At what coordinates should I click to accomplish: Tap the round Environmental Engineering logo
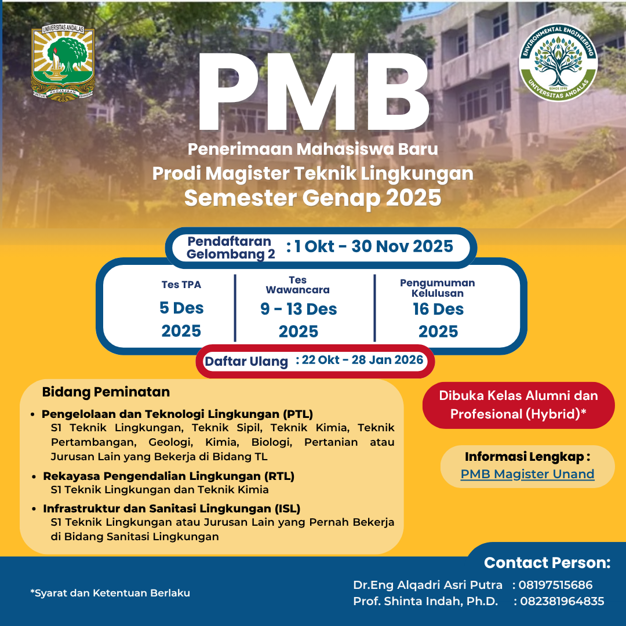[x=558, y=62]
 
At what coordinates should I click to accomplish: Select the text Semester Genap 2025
[x=312, y=198]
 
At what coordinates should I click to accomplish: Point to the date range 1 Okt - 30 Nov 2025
[x=373, y=247]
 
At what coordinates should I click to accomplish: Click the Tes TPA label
[x=181, y=285]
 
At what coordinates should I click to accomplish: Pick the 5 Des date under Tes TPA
[x=181, y=308]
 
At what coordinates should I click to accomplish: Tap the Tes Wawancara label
[x=298, y=285]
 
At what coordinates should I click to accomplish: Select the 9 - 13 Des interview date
[x=299, y=310]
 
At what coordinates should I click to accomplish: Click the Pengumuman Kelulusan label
[x=438, y=288]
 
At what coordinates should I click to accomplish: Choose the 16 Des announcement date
[x=438, y=310]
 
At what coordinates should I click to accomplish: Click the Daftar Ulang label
[x=246, y=362]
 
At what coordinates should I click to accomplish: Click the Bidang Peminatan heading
[x=106, y=392]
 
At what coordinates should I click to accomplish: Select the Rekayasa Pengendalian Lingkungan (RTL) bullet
[x=169, y=476]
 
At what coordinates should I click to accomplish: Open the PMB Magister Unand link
[x=527, y=474]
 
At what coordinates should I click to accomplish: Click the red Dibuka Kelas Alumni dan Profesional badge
[x=518, y=405]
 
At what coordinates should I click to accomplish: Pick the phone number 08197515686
[x=555, y=585]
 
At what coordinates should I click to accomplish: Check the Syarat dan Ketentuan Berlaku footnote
[x=110, y=593]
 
